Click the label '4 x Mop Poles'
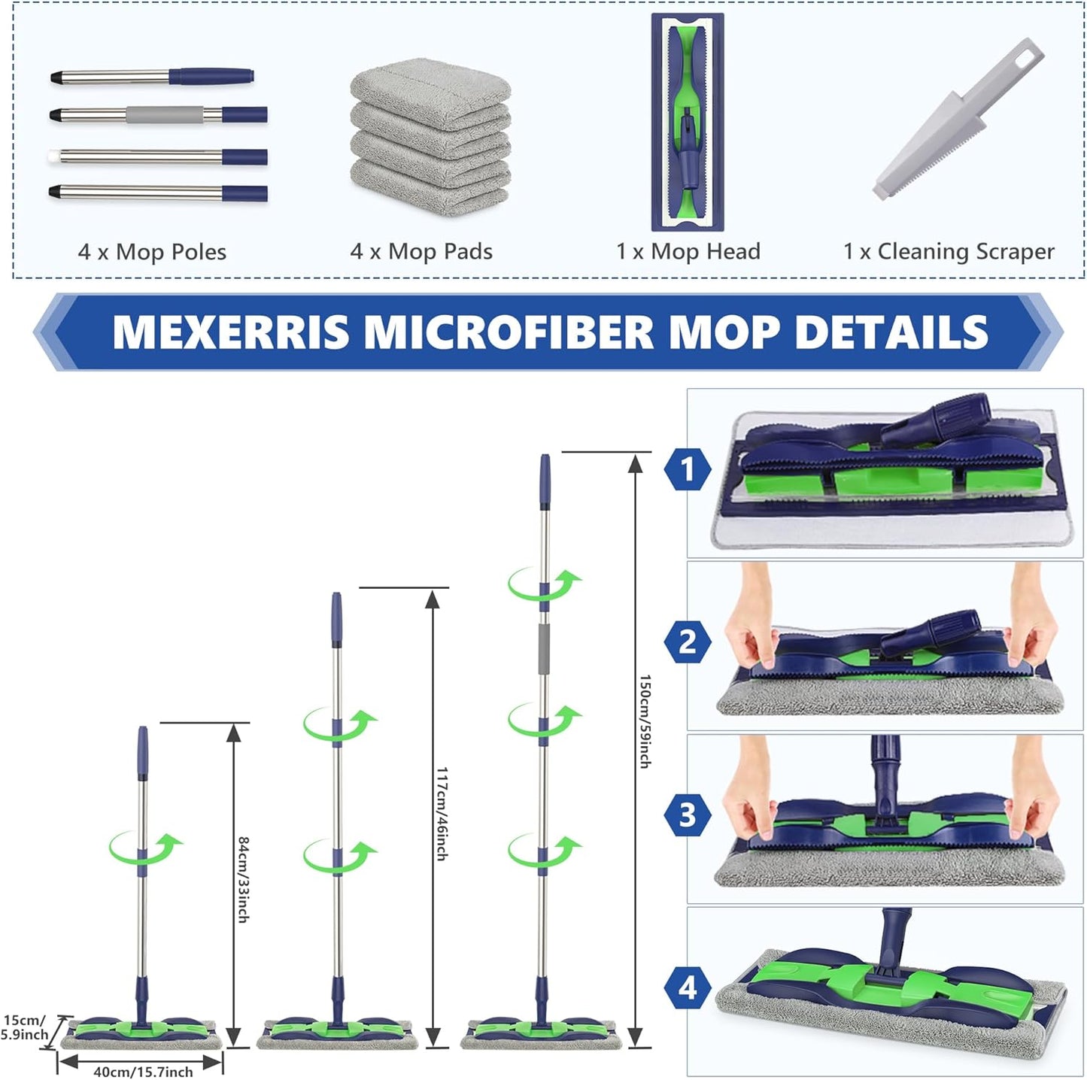152,252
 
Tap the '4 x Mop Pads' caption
421,251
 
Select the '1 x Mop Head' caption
688,251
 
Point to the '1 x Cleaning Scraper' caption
949,251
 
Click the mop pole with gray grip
158,115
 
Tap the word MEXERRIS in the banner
231,332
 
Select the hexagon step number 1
688,469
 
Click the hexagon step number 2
688,642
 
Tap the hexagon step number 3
688,815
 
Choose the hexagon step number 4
688,987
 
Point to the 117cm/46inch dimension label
442,813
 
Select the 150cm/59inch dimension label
645,721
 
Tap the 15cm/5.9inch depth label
24,1027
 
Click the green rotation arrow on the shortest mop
146,847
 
